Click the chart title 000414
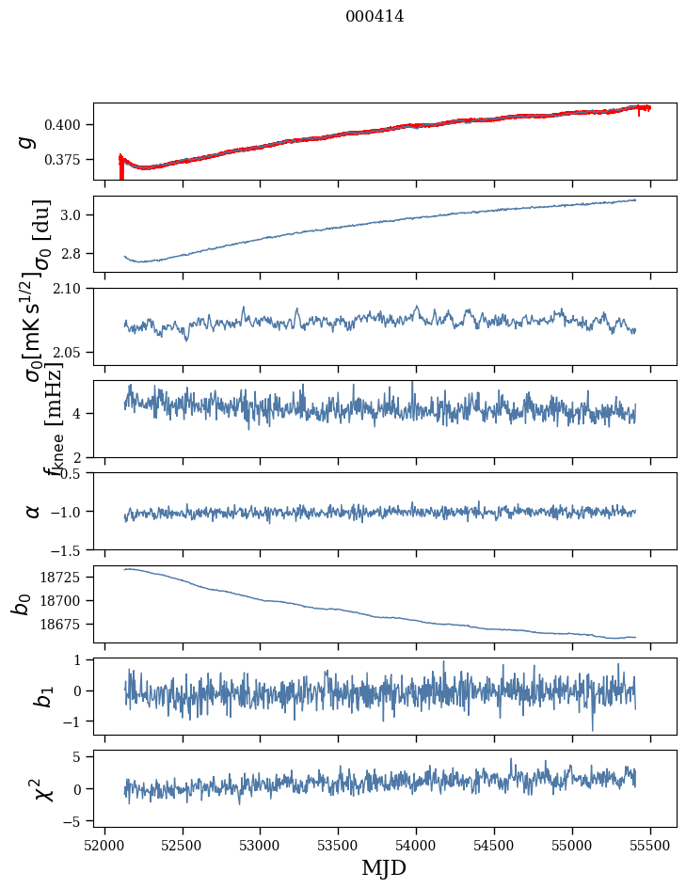[375, 16]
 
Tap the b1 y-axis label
[42, 696]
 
